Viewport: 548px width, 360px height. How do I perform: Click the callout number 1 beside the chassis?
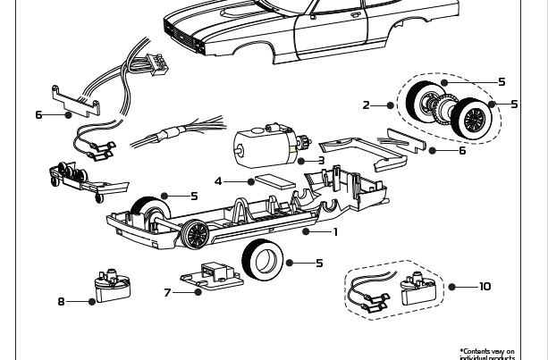[335, 232]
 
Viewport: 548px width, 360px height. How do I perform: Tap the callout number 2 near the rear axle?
[366, 105]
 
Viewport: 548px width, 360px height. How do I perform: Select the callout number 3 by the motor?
[321, 162]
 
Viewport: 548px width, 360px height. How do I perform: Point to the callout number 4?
[218, 181]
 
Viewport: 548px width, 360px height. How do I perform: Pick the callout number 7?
[167, 292]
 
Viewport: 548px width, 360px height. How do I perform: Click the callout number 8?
[62, 302]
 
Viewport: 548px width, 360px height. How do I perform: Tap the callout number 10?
[485, 287]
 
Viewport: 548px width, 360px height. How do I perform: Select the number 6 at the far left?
[38, 115]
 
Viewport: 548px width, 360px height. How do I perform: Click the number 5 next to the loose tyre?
[319, 264]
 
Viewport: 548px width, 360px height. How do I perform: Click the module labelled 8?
[112, 286]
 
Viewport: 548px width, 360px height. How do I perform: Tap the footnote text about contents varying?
[487, 355]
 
